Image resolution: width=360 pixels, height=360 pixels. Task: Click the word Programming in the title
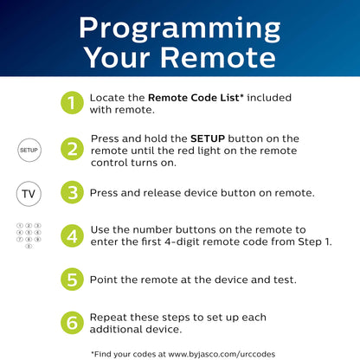(x=180, y=29)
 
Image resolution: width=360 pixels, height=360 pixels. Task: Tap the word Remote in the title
(x=218, y=58)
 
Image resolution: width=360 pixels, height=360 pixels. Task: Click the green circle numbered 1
(x=72, y=103)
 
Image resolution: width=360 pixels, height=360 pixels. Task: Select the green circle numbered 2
(x=72, y=149)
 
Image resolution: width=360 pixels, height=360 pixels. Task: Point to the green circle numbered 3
(x=72, y=192)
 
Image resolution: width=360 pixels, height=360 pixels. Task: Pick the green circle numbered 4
(x=72, y=235)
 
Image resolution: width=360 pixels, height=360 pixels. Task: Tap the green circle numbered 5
(x=72, y=280)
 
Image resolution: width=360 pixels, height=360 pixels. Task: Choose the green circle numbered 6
(x=72, y=323)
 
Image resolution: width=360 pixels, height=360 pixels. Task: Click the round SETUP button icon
(x=29, y=150)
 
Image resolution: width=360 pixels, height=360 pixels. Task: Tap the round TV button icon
(x=29, y=194)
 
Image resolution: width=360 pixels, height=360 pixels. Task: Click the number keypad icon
(x=29, y=235)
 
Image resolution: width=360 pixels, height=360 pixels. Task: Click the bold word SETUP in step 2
(x=208, y=138)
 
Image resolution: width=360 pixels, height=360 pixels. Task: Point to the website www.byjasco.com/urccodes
(x=222, y=354)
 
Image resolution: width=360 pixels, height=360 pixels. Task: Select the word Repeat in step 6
(x=108, y=318)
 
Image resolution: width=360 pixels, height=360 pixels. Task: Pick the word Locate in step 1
(x=107, y=98)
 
